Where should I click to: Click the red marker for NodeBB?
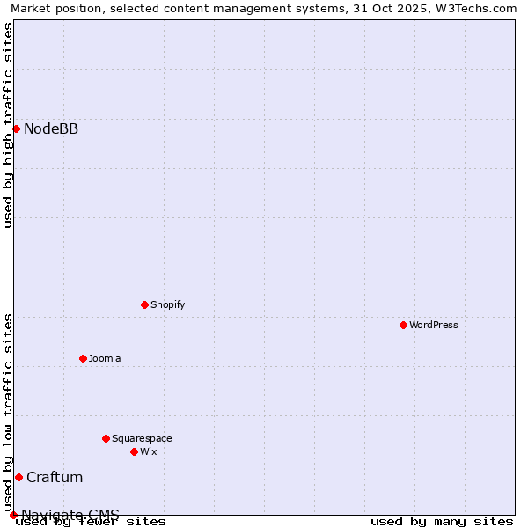point(16,129)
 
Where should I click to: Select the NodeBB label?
point(51,129)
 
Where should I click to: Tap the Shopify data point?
point(145,305)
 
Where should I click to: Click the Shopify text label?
point(167,305)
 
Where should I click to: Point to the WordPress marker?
point(404,326)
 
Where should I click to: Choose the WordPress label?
point(434,326)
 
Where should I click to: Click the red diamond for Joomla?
point(84,359)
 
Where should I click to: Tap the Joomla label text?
point(105,359)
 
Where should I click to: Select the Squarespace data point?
point(106,439)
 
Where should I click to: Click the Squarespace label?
point(142,439)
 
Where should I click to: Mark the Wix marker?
point(135,452)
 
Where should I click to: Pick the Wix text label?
point(149,452)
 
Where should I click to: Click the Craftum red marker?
point(18,478)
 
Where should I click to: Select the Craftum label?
point(55,478)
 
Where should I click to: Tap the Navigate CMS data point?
point(13,515)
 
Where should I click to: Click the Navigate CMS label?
point(70,515)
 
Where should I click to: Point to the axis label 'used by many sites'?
point(442,522)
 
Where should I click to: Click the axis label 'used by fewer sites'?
point(91,522)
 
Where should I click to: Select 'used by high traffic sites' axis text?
point(9,125)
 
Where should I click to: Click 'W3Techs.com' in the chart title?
point(480,9)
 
